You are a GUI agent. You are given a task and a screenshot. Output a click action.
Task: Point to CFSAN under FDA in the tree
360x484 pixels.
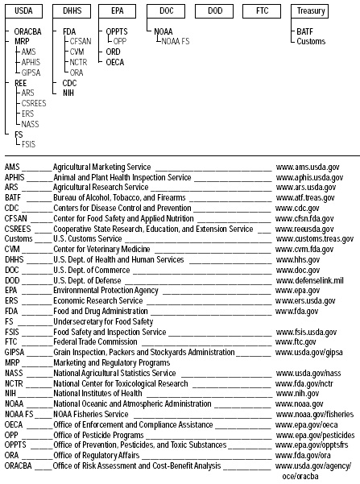click(x=81, y=39)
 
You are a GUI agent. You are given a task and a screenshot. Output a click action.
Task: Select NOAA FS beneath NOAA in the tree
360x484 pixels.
click(x=174, y=39)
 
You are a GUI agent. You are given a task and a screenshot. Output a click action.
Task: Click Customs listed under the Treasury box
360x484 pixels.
click(x=310, y=39)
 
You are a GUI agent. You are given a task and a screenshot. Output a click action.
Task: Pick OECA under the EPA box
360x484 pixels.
click(x=115, y=60)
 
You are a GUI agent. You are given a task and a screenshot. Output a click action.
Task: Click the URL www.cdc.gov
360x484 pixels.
click(x=297, y=207)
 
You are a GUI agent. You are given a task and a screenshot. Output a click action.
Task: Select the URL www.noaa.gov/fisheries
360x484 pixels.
click(x=314, y=414)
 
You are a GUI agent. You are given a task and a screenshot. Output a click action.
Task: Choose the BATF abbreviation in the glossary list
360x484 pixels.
click(x=13, y=196)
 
